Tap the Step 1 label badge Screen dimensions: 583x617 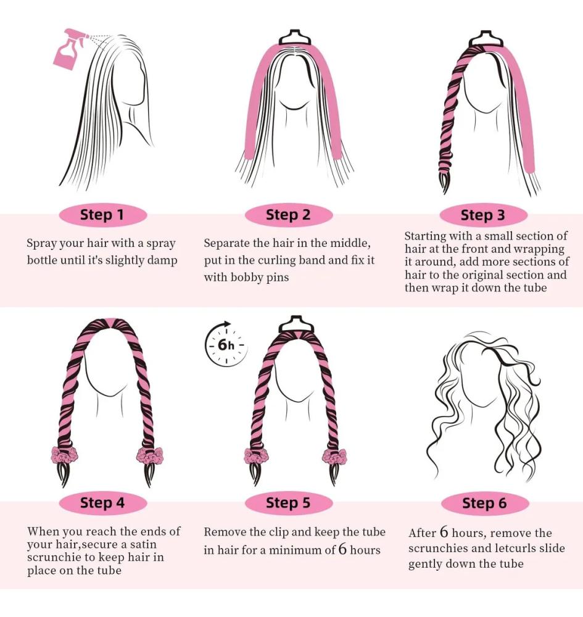coord(102,215)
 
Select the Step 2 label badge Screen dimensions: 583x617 coord(288,215)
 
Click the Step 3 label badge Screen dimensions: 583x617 coord(482,215)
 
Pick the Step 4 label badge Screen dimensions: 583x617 coord(102,503)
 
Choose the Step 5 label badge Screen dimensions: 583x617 coord(288,503)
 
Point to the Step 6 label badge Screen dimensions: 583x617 coord(485,503)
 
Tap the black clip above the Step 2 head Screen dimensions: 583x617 coord(295,38)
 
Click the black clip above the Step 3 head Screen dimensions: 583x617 coord(486,38)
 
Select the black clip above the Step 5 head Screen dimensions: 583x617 coord(296,324)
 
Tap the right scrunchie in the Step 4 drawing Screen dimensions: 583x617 coord(149,456)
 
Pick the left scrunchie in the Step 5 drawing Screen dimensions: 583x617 coord(257,457)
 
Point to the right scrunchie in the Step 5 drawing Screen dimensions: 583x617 coord(334,457)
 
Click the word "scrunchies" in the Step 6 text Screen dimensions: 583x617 coord(438,549)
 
